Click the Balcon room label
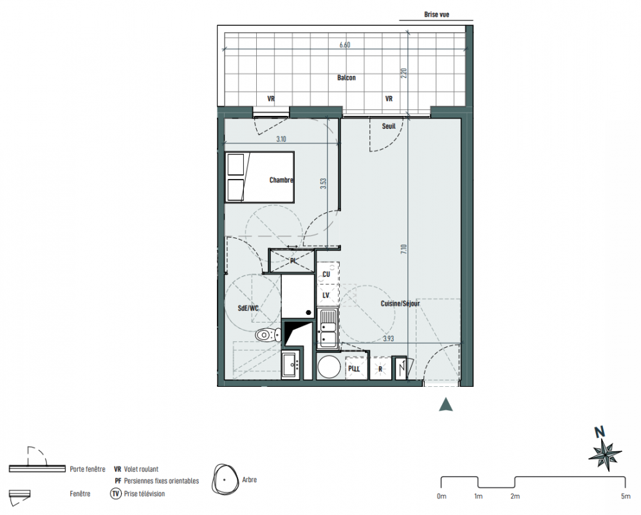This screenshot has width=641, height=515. [346, 78]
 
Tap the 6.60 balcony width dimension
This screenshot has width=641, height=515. [344, 45]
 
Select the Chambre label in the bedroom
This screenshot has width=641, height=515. [281, 180]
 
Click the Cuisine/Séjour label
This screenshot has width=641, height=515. [400, 303]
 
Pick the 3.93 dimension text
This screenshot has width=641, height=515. [388, 338]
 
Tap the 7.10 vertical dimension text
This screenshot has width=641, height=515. [404, 249]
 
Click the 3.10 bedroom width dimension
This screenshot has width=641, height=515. [281, 139]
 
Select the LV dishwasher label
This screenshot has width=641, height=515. [326, 295]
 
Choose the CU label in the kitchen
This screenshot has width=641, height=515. [326, 274]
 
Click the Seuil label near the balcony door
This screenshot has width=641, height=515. [389, 126]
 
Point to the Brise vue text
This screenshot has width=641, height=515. [436, 15]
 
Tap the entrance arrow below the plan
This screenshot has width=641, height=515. [446, 404]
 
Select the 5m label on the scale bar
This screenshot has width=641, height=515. [626, 496]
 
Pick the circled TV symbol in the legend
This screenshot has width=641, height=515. [116, 494]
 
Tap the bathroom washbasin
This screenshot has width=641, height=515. [291, 365]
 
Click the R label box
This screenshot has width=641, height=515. [380, 369]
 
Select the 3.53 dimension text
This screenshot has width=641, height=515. [323, 183]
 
